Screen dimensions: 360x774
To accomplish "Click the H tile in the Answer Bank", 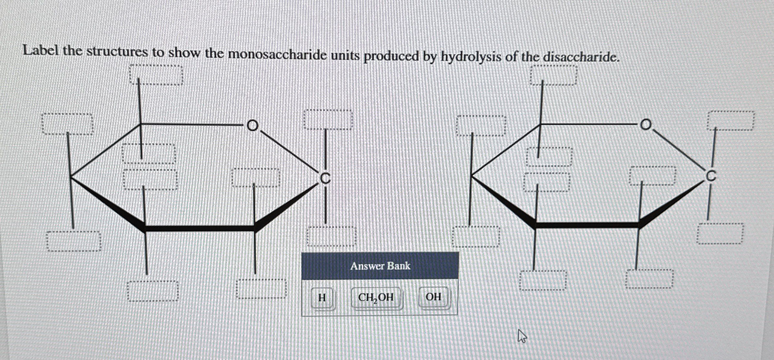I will pyautogui.click(x=322, y=297).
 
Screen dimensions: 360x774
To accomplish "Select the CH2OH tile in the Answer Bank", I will pyautogui.click(x=376, y=297).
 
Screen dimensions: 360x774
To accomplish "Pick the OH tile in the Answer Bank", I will pyautogui.click(x=433, y=297).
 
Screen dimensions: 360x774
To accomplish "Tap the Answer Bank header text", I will pyautogui.click(x=380, y=266).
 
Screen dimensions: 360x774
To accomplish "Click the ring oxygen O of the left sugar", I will pyautogui.click(x=253, y=125).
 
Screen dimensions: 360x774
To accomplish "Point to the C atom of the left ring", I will pyautogui.click(x=325, y=178).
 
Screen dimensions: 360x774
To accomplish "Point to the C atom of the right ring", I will pyautogui.click(x=711, y=176).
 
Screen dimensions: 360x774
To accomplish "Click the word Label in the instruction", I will pyautogui.click(x=41, y=51).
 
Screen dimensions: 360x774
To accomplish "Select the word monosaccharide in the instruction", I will pyautogui.click(x=277, y=55).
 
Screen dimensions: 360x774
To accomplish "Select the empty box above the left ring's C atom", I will pyautogui.click(x=328, y=119).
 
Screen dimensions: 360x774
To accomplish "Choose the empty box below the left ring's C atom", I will pyautogui.click(x=331, y=236).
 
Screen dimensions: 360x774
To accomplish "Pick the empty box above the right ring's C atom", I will pyautogui.click(x=730, y=121).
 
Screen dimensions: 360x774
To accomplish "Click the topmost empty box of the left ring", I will pyautogui.click(x=156, y=75).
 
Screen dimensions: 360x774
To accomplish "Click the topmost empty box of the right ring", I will pyautogui.click(x=554, y=75).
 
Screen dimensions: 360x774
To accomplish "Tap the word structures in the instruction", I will pyautogui.click(x=117, y=52).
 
